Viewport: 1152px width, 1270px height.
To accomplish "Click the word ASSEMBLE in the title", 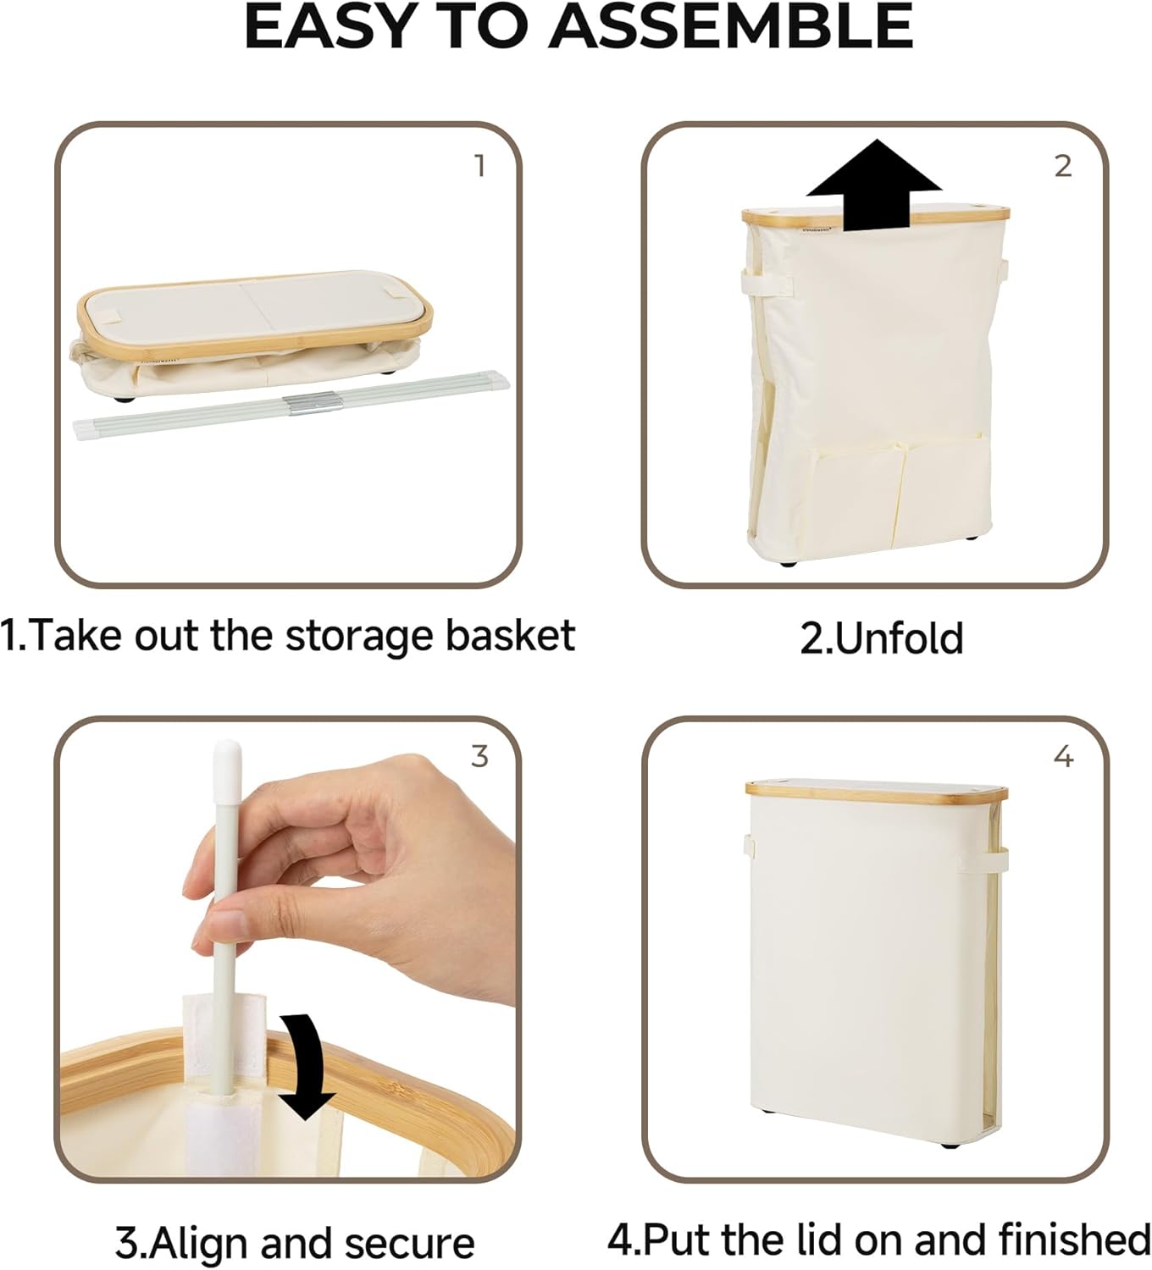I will pyautogui.click(x=730, y=27).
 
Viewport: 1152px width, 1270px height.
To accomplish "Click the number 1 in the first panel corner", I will pyautogui.click(x=479, y=166).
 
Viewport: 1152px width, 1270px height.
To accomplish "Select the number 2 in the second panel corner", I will pyautogui.click(x=1063, y=166).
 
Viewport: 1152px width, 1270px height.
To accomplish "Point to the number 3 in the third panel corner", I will pyautogui.click(x=479, y=755).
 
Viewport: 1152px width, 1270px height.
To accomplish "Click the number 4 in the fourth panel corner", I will pyautogui.click(x=1063, y=756).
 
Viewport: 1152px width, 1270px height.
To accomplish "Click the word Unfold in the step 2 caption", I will pyautogui.click(x=900, y=639).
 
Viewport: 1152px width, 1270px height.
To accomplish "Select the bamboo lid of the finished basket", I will pyautogui.click(x=877, y=791).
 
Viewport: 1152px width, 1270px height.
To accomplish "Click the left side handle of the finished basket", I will pyautogui.click(x=749, y=845).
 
